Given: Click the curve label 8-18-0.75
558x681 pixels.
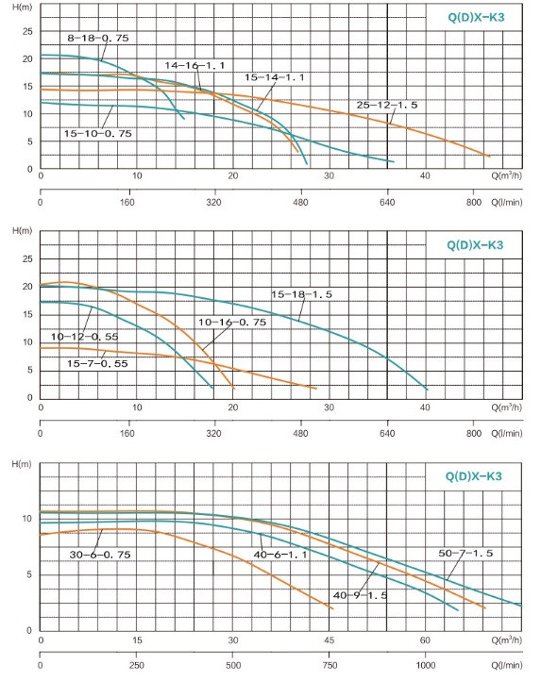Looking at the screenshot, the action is click(x=98, y=38).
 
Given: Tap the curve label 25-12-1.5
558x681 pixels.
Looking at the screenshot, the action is click(x=387, y=105).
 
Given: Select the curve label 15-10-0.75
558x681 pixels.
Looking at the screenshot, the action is click(x=98, y=133).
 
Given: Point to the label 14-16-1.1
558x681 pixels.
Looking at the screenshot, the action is click(x=194, y=65).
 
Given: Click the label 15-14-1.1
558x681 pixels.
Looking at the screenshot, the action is click(x=275, y=77).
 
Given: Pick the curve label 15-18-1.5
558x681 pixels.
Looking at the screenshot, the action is click(x=301, y=294).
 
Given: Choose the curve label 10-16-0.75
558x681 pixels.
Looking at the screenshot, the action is click(x=232, y=322).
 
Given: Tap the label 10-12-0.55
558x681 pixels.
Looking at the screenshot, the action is click(x=84, y=337).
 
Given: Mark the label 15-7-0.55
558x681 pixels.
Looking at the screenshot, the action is click(x=97, y=363).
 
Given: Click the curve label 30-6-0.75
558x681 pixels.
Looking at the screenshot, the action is click(x=100, y=555).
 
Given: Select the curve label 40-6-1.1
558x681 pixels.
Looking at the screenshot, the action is click(x=280, y=555).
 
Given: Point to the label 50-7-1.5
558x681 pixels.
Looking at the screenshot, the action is click(x=465, y=553).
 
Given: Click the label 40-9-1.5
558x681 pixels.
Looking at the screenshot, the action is click(x=361, y=595).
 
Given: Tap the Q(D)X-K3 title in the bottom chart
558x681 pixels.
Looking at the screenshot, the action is click(x=474, y=476).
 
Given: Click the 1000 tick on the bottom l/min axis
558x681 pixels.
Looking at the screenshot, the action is click(x=426, y=665).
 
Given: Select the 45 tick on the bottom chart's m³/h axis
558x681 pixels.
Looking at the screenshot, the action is click(x=329, y=639).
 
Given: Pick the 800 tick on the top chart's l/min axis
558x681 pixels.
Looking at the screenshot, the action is click(x=474, y=202).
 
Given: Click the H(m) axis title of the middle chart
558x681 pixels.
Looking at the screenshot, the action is click(x=22, y=231).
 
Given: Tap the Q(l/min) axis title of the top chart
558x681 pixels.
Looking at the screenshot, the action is click(x=507, y=203).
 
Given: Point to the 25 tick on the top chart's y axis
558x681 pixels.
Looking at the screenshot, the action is click(x=27, y=31).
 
